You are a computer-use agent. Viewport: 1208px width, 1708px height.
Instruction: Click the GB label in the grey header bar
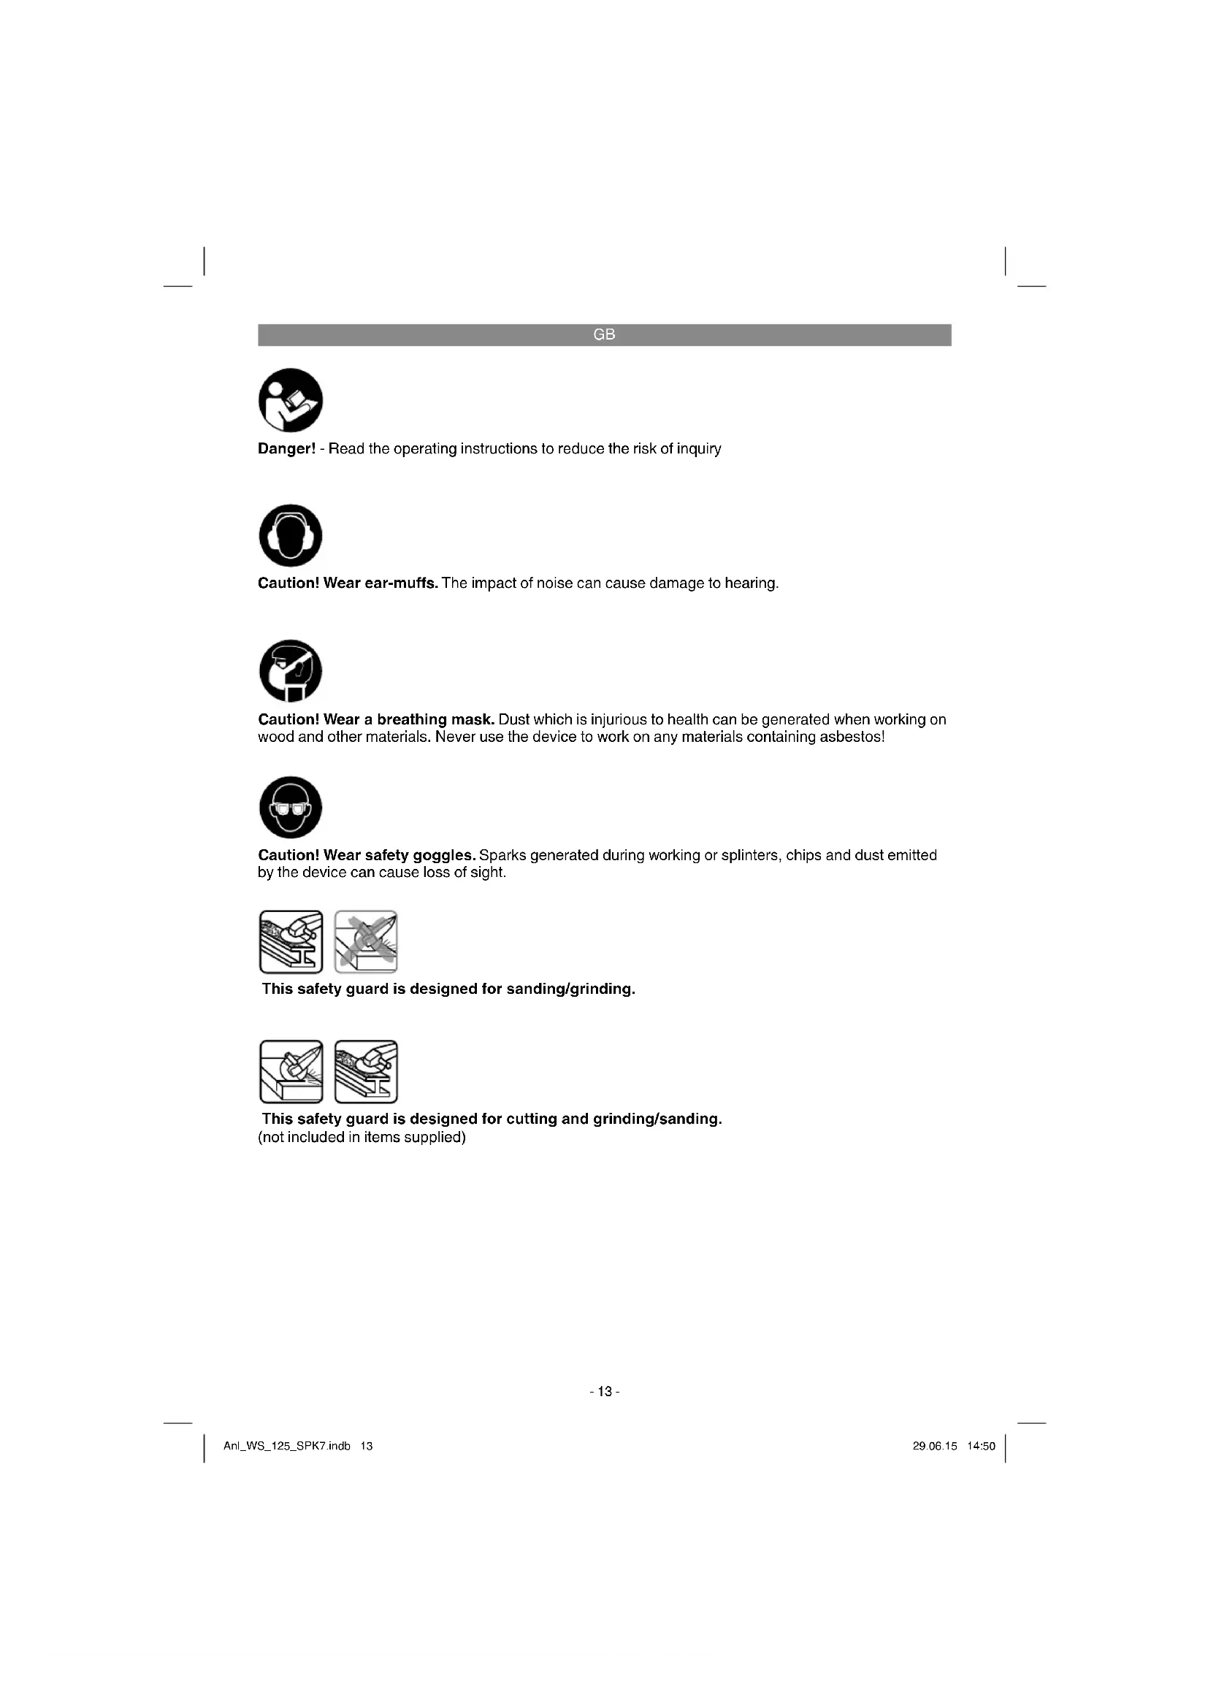click(x=604, y=334)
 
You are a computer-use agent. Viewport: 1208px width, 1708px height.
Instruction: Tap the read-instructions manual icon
click(x=291, y=399)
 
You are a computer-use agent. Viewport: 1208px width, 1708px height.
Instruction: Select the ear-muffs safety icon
click(x=291, y=535)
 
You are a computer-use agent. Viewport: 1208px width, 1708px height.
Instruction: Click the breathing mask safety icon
click(x=291, y=670)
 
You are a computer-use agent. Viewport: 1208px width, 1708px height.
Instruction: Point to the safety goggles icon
click(x=291, y=807)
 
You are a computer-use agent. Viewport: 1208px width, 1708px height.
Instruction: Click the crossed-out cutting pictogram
click(x=366, y=942)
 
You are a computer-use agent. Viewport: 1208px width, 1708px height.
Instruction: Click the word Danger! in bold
click(x=287, y=449)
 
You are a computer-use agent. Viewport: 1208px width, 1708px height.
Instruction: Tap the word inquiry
click(x=698, y=449)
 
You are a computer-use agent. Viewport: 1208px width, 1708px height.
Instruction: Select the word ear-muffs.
click(x=401, y=583)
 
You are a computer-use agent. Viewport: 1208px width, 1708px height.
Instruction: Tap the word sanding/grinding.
click(x=570, y=989)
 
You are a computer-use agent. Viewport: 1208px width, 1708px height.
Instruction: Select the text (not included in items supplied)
click(x=362, y=1138)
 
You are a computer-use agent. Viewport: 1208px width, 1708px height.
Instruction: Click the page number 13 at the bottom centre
click(x=604, y=1391)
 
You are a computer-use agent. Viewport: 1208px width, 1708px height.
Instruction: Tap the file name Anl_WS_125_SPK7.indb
click(x=287, y=1446)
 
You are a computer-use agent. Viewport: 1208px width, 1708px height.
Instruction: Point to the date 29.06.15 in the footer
click(x=934, y=1446)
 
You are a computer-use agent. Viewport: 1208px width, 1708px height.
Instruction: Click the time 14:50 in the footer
click(x=981, y=1446)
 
